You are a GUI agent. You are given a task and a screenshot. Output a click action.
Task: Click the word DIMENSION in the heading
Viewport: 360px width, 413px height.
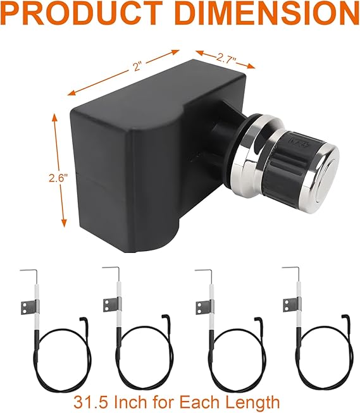coord(267,13)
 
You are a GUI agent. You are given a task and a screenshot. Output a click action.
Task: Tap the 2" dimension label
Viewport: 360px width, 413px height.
coord(137,66)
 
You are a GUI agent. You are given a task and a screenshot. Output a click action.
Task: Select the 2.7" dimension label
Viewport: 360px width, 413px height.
coord(226,58)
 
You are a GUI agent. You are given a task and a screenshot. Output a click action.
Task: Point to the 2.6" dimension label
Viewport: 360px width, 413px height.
coord(58,178)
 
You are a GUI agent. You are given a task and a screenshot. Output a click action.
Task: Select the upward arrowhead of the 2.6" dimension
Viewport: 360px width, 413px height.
coord(54,118)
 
